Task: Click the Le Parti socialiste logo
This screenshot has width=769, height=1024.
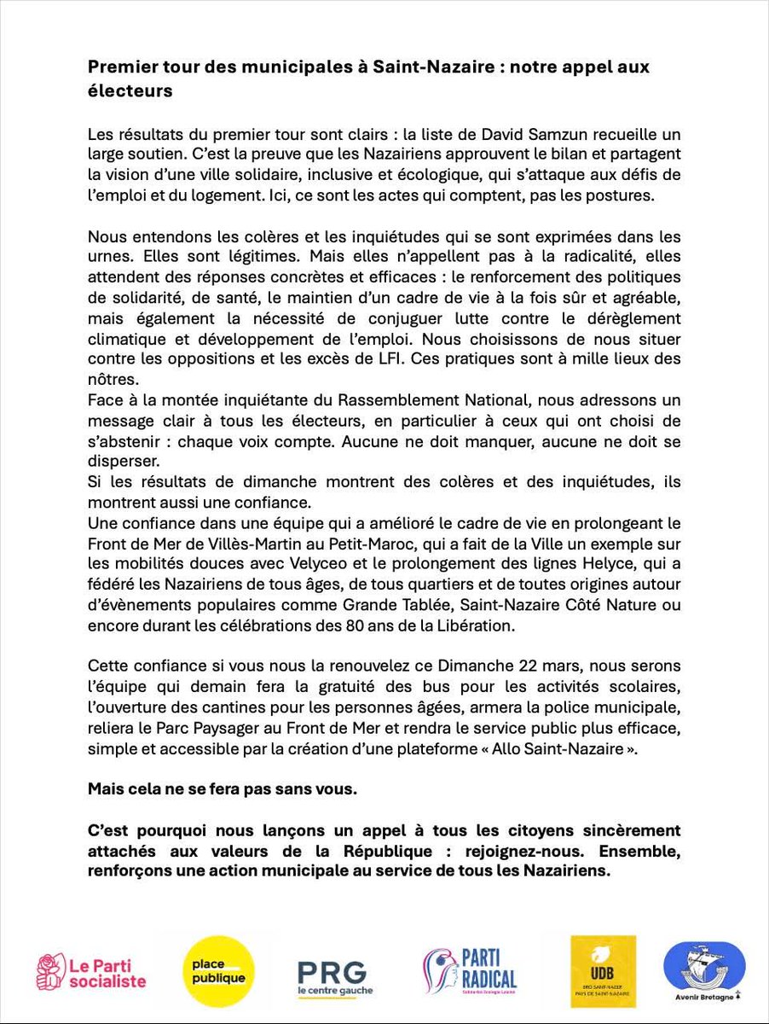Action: tap(91, 972)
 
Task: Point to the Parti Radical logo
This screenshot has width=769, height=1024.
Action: tap(470, 972)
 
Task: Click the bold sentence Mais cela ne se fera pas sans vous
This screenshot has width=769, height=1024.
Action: tap(223, 788)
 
